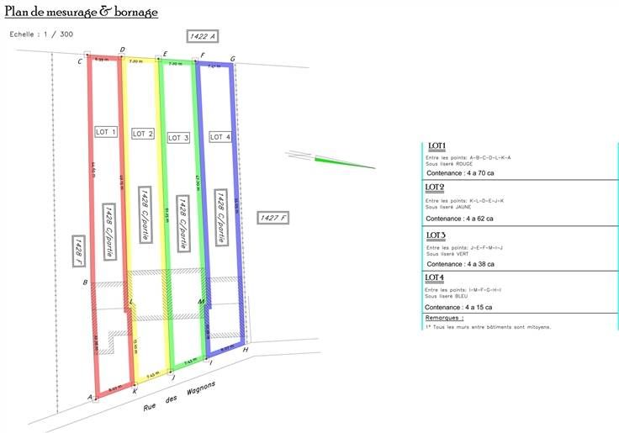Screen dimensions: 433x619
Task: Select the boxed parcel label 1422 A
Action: pyautogui.click(x=203, y=36)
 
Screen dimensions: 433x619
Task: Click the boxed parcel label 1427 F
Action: pyautogui.click(x=274, y=218)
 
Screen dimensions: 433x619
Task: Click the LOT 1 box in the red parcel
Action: pyautogui.click(x=106, y=132)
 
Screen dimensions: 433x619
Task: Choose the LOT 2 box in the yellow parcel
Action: pyautogui.click(x=143, y=134)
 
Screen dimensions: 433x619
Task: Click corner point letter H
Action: pyautogui.click(x=245, y=349)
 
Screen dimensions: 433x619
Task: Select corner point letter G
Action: pyautogui.click(x=232, y=59)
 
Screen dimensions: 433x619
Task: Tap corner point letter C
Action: pyautogui.click(x=80, y=61)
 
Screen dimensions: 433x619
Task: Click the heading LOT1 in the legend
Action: pyautogui.click(x=437, y=145)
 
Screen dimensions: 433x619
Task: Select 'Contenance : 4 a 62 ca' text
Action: pyautogui.click(x=459, y=219)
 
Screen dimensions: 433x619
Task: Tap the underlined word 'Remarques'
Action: pyautogui.click(x=445, y=318)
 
